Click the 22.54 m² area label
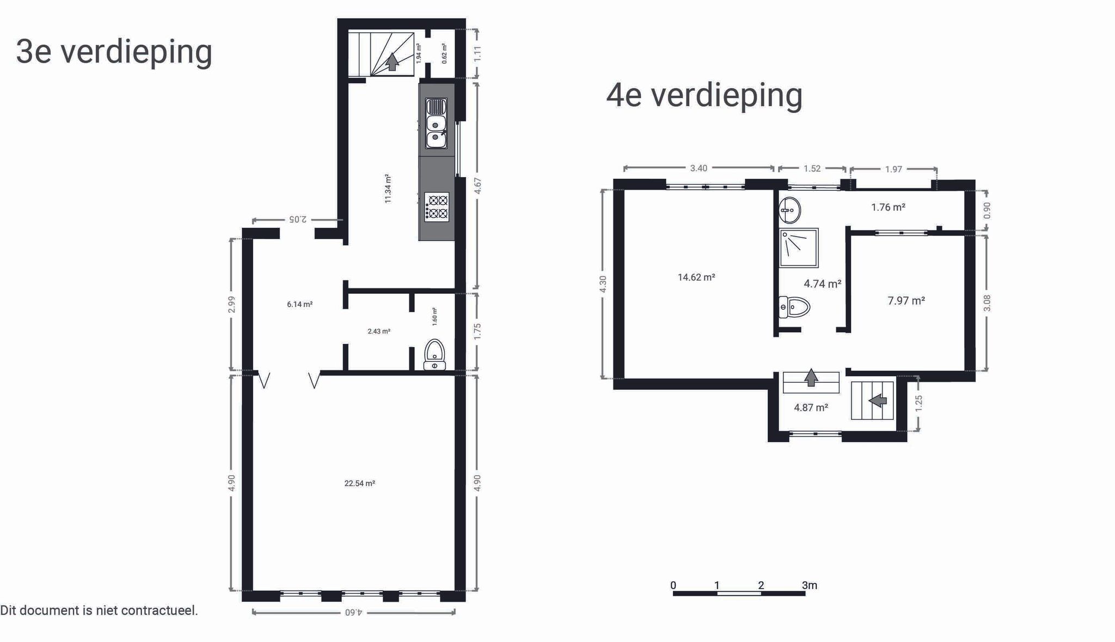[359, 483]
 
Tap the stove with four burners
[437, 207]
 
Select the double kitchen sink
[436, 123]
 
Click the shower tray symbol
[799, 248]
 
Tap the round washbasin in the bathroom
[789, 210]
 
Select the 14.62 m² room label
[696, 277]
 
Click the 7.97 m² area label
[906, 301]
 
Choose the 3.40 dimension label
[699, 168]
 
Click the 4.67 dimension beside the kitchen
[477, 186]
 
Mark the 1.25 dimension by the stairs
[918, 403]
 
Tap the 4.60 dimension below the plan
[353, 613]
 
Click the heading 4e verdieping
[704, 95]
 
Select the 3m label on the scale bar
[809, 585]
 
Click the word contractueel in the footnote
[160, 611]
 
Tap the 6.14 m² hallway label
[299, 305]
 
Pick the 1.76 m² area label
[888, 208]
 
